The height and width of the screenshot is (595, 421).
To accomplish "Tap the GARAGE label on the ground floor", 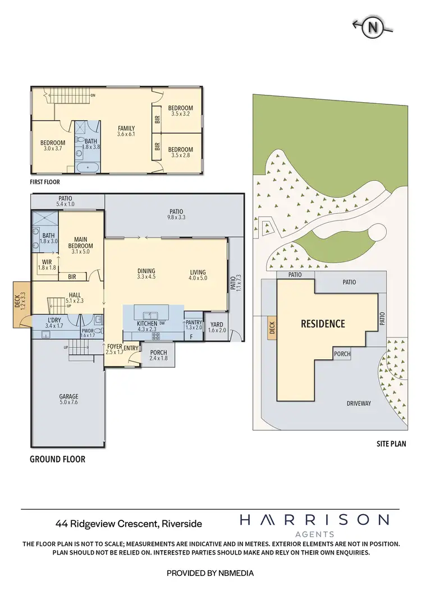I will pyautogui.click(x=69, y=396).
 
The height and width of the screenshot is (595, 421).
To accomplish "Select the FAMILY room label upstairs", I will pyautogui.click(x=126, y=128).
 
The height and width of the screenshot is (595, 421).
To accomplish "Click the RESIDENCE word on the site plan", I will pyautogui.click(x=323, y=324).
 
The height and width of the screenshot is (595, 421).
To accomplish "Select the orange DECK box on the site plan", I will pyautogui.click(x=272, y=328).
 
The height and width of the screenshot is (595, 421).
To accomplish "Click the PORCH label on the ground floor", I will pyautogui.click(x=159, y=353).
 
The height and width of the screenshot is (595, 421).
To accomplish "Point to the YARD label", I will pyautogui.click(x=216, y=324).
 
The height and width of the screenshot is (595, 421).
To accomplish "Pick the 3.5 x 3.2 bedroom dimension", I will pyautogui.click(x=181, y=114).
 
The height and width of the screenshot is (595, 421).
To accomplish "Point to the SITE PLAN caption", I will pyautogui.click(x=391, y=443).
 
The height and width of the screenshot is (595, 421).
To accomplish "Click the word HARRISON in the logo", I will pyautogui.click(x=314, y=520).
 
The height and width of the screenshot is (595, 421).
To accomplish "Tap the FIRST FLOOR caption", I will pyautogui.click(x=45, y=182).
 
